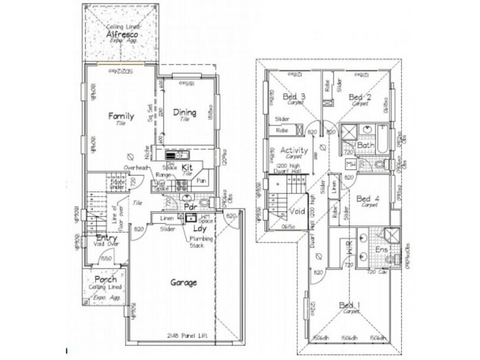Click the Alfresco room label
pos(122,35)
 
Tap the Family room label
pos(121,116)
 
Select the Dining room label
pos(185,112)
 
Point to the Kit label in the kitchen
pos(187,167)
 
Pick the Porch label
pos(105,280)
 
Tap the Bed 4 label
pos(367,199)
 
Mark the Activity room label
pos(295,150)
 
